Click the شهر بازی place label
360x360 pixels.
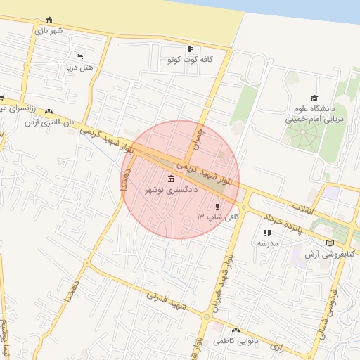51,31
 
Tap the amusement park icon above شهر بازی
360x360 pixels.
48,20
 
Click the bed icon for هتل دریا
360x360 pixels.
79,56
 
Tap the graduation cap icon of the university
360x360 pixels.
314,98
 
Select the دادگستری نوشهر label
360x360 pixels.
172,190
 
